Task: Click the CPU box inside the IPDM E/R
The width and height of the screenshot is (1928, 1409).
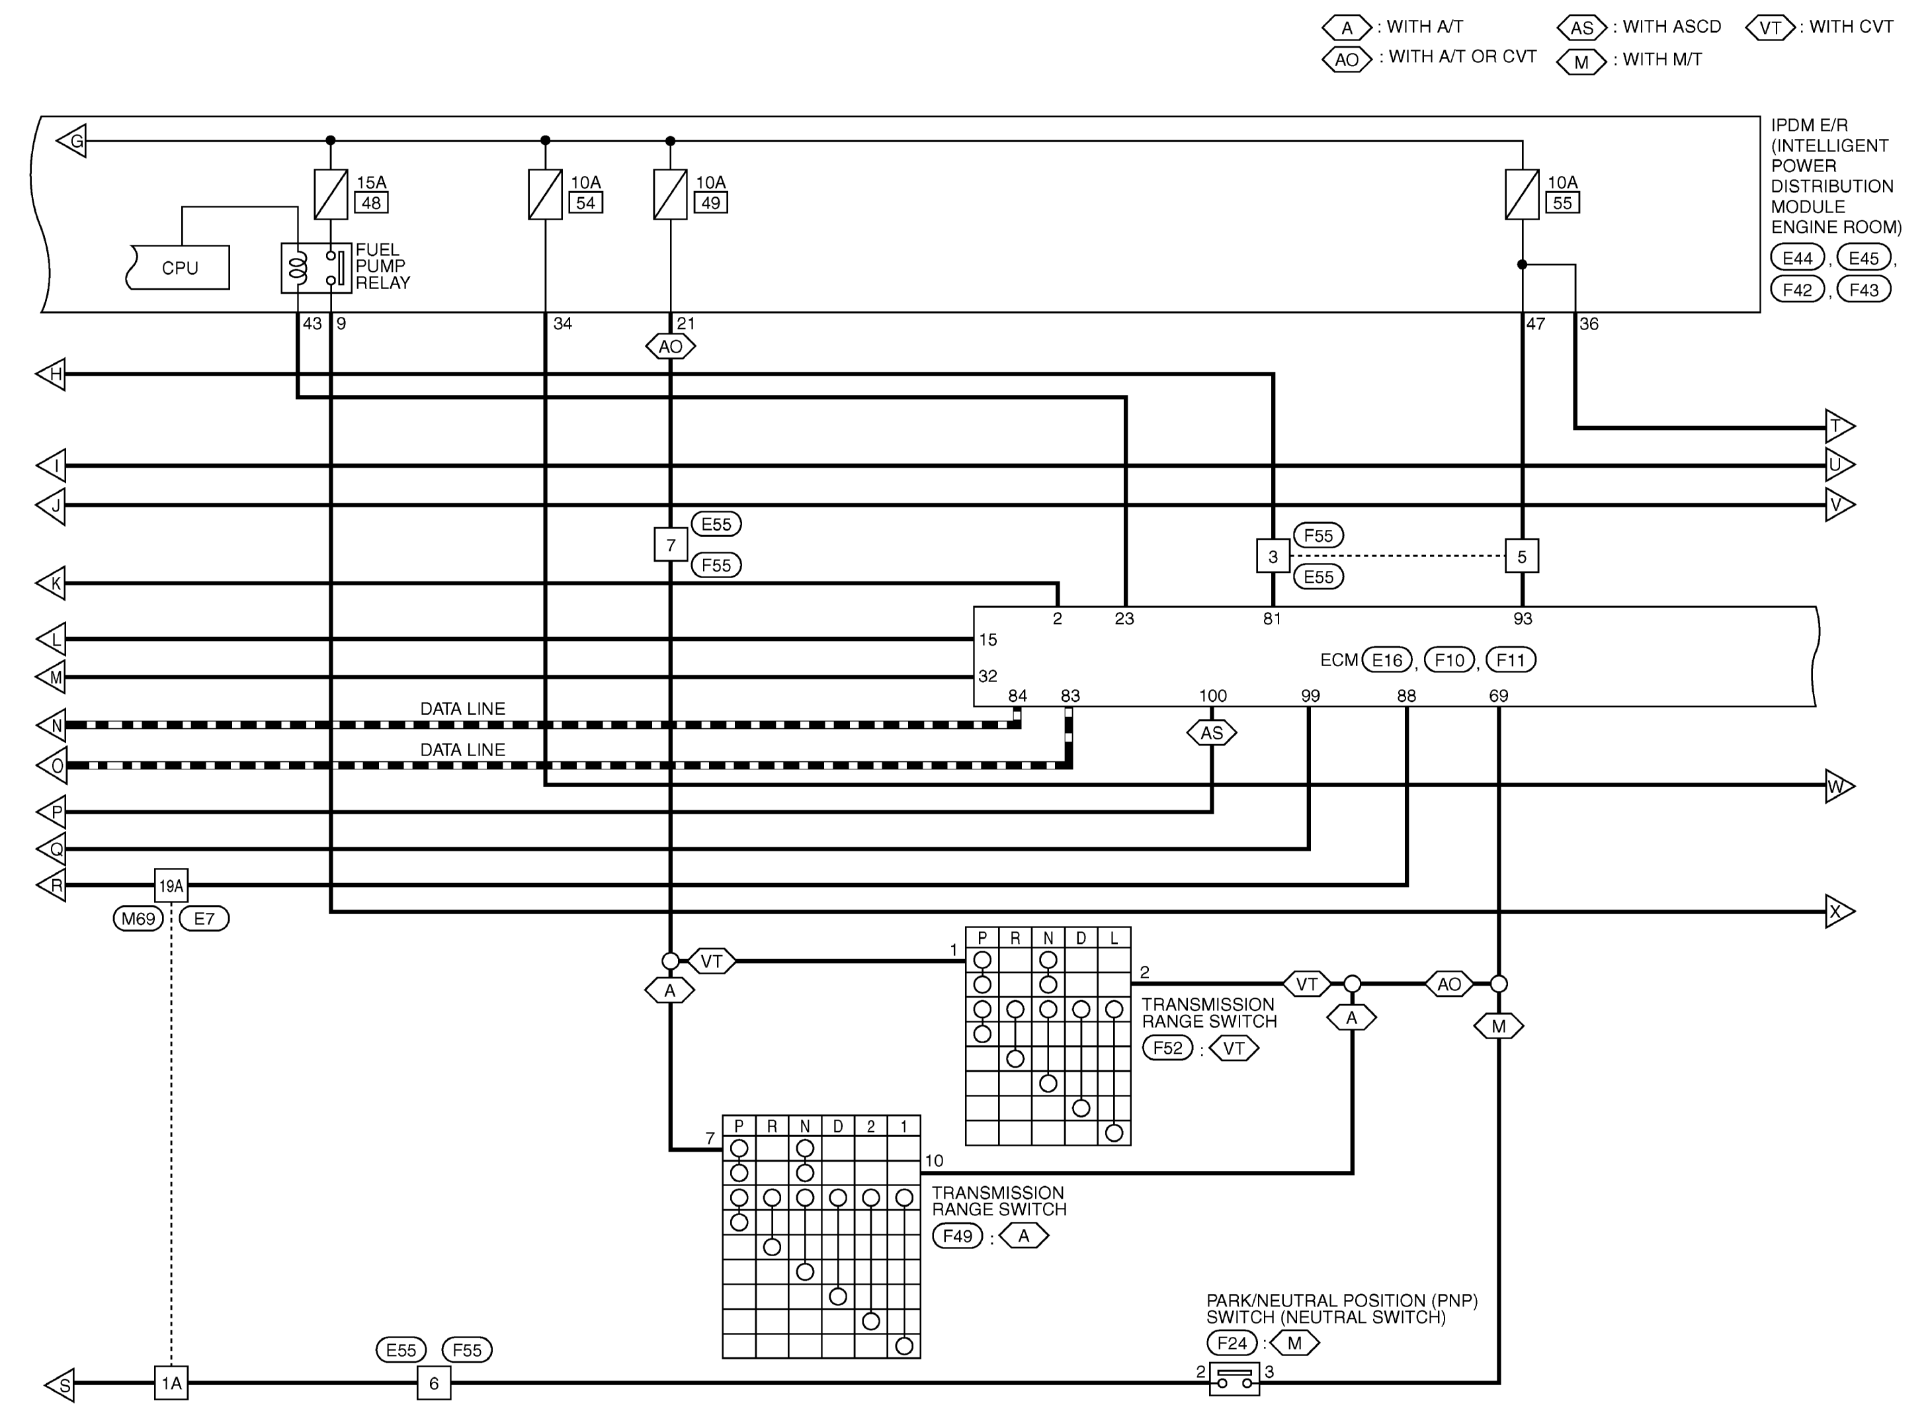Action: click(179, 268)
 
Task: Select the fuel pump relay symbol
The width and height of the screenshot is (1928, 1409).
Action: click(315, 268)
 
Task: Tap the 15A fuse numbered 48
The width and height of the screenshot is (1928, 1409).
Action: click(331, 194)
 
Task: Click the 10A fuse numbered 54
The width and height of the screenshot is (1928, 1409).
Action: click(545, 194)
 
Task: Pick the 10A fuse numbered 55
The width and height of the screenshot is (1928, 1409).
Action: click(1522, 194)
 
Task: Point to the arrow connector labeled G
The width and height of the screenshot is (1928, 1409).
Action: click(73, 141)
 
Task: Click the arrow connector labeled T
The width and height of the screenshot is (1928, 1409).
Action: click(1837, 425)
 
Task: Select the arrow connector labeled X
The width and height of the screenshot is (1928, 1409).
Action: click(1837, 912)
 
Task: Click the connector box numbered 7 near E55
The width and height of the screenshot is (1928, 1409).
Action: click(670, 545)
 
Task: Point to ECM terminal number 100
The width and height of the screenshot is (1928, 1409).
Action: click(1212, 696)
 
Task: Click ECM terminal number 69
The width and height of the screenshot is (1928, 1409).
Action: click(1498, 696)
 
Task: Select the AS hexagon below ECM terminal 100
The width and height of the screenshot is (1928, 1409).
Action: click(1212, 733)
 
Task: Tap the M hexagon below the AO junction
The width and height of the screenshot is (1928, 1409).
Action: click(1498, 1027)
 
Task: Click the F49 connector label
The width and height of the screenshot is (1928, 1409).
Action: click(958, 1236)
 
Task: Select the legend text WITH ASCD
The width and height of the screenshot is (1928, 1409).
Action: click(1671, 27)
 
